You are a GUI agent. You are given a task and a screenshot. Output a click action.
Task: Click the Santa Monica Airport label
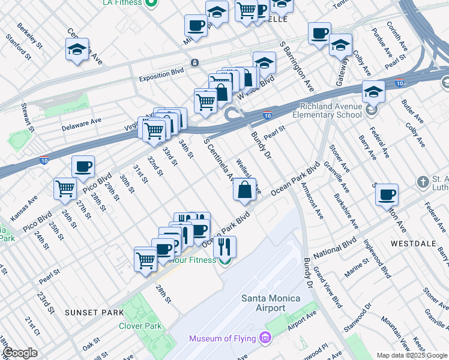click(x=263, y=302)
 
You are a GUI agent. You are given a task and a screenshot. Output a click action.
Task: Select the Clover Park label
click(x=140, y=326)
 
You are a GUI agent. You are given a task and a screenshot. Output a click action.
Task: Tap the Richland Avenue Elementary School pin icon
click(x=373, y=110)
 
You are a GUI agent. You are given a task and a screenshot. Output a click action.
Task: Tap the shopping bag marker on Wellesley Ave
click(x=244, y=190)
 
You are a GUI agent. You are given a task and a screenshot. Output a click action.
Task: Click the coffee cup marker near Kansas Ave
click(x=83, y=166)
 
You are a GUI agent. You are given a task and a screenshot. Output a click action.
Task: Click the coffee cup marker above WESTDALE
click(x=387, y=194)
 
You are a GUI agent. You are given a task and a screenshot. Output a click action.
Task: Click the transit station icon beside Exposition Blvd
click(x=194, y=63)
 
